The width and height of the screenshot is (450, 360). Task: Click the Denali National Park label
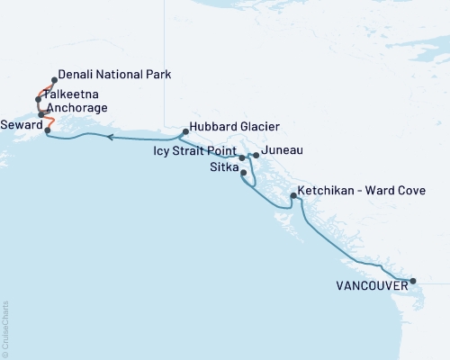113,75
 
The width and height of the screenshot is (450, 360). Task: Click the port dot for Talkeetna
39,99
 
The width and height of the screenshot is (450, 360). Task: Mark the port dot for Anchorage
41,114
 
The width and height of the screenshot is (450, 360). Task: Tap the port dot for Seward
48,130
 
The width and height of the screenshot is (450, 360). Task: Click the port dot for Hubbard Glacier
184,132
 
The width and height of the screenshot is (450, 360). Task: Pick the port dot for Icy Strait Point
241,157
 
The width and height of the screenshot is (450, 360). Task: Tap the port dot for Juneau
256,156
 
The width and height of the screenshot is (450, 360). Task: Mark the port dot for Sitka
244,173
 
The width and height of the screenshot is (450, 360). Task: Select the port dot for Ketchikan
293,195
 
